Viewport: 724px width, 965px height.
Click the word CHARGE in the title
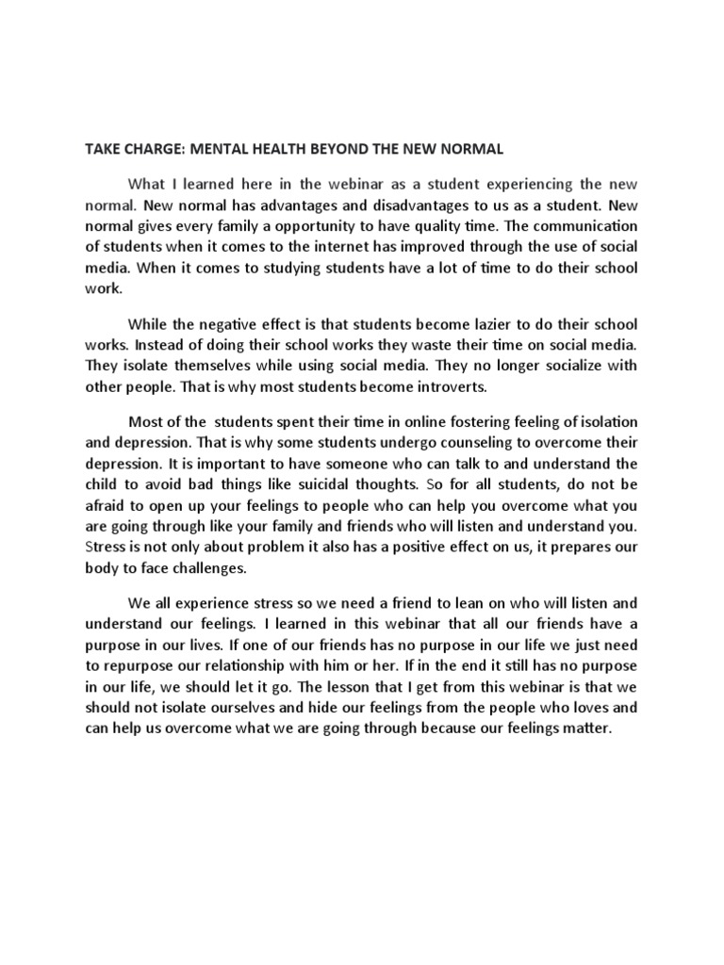(x=155, y=149)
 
